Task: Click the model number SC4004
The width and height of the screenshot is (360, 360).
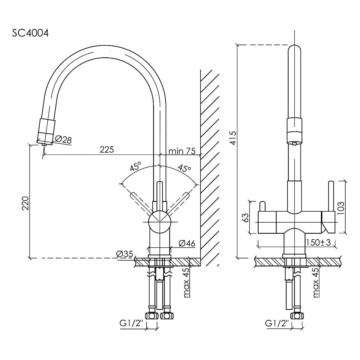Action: pyautogui.click(x=30, y=34)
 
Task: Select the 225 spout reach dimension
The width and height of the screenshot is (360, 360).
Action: pyautogui.click(x=107, y=150)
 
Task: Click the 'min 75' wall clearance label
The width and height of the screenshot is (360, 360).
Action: pyautogui.click(x=182, y=151)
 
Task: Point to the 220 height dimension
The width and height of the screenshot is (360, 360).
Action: pyautogui.click(x=25, y=203)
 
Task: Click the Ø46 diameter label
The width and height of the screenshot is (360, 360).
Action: pyautogui.click(x=187, y=243)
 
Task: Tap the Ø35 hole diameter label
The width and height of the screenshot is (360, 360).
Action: pyautogui.click(x=125, y=254)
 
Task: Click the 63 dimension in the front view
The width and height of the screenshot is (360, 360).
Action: pyautogui.click(x=246, y=217)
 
